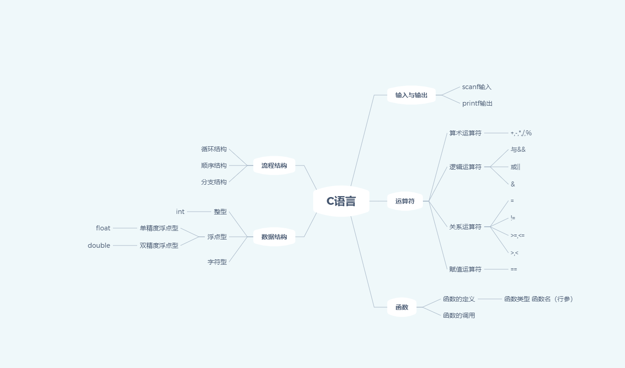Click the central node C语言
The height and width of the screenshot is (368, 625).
[341, 201]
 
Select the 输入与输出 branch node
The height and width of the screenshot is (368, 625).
[411, 95]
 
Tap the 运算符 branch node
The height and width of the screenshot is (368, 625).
[405, 201]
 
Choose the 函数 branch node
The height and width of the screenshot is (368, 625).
[401, 307]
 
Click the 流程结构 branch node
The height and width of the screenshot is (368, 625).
[274, 165]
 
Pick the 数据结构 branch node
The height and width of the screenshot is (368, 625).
[274, 237]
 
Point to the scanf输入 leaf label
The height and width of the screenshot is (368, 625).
[476, 87]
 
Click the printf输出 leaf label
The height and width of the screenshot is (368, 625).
[477, 103]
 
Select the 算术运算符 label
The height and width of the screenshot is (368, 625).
[465, 133]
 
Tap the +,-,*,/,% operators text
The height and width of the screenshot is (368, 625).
[521, 133]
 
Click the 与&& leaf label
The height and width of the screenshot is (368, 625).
[518, 149]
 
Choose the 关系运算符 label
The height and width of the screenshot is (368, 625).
[465, 227]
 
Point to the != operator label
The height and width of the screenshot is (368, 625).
[513, 218]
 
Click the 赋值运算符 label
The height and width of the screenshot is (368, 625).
[465, 269]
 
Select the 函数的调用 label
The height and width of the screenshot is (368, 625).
[459, 315]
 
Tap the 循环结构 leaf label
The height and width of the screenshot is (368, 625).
[214, 149]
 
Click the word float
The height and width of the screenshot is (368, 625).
[103, 228]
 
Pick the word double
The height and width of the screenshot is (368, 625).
[99, 245]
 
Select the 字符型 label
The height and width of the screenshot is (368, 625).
[217, 262]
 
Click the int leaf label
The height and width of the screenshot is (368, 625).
[180, 212]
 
